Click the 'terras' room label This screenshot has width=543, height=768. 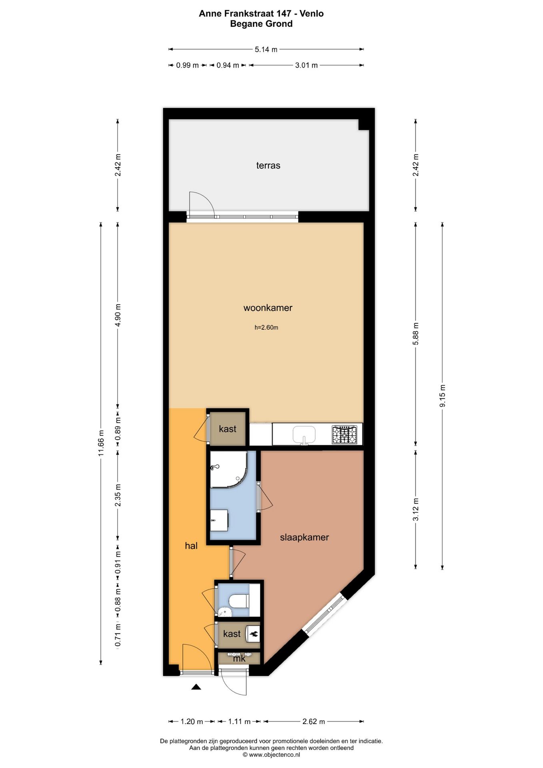(x=268, y=165)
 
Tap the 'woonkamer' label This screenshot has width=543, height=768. (x=268, y=308)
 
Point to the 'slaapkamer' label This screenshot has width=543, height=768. (x=304, y=537)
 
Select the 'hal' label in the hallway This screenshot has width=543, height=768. (x=191, y=546)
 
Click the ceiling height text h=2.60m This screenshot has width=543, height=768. (x=266, y=328)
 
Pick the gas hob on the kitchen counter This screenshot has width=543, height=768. (x=344, y=434)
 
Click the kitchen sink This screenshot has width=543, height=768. (x=304, y=434)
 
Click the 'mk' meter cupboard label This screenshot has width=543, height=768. (x=239, y=658)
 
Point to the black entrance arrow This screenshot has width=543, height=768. (x=196, y=687)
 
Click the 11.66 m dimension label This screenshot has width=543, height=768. (x=101, y=443)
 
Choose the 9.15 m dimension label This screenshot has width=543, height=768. (x=442, y=396)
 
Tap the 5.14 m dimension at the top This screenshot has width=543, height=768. (x=266, y=50)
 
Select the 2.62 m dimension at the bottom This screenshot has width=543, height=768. (x=314, y=721)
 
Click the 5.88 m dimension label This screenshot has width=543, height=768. (x=416, y=334)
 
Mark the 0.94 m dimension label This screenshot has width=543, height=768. (x=228, y=65)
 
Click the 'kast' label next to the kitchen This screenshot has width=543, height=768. (x=228, y=429)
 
